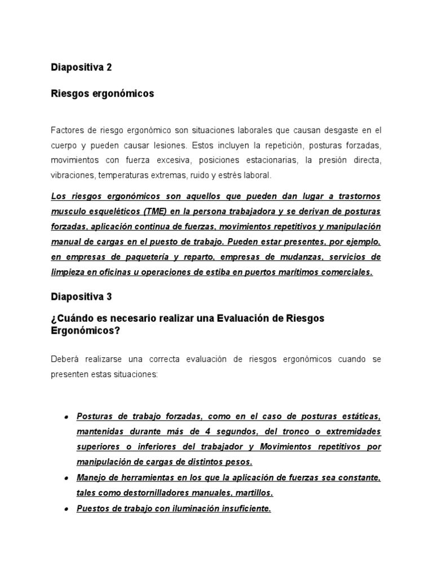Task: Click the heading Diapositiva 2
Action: [x=81, y=67]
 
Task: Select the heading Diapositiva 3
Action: [x=81, y=296]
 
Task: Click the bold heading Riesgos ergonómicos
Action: [x=102, y=94]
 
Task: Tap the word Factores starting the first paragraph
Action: [x=67, y=130]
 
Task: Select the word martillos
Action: [x=254, y=492]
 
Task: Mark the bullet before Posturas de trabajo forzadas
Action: [x=66, y=417]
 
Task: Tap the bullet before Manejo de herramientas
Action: [x=66, y=478]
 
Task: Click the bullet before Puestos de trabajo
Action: [x=66, y=509]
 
